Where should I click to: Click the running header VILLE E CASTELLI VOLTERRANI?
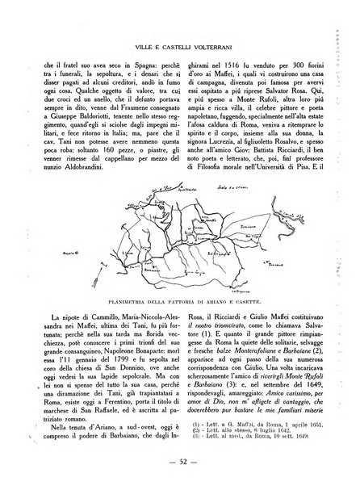tap(179, 23)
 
